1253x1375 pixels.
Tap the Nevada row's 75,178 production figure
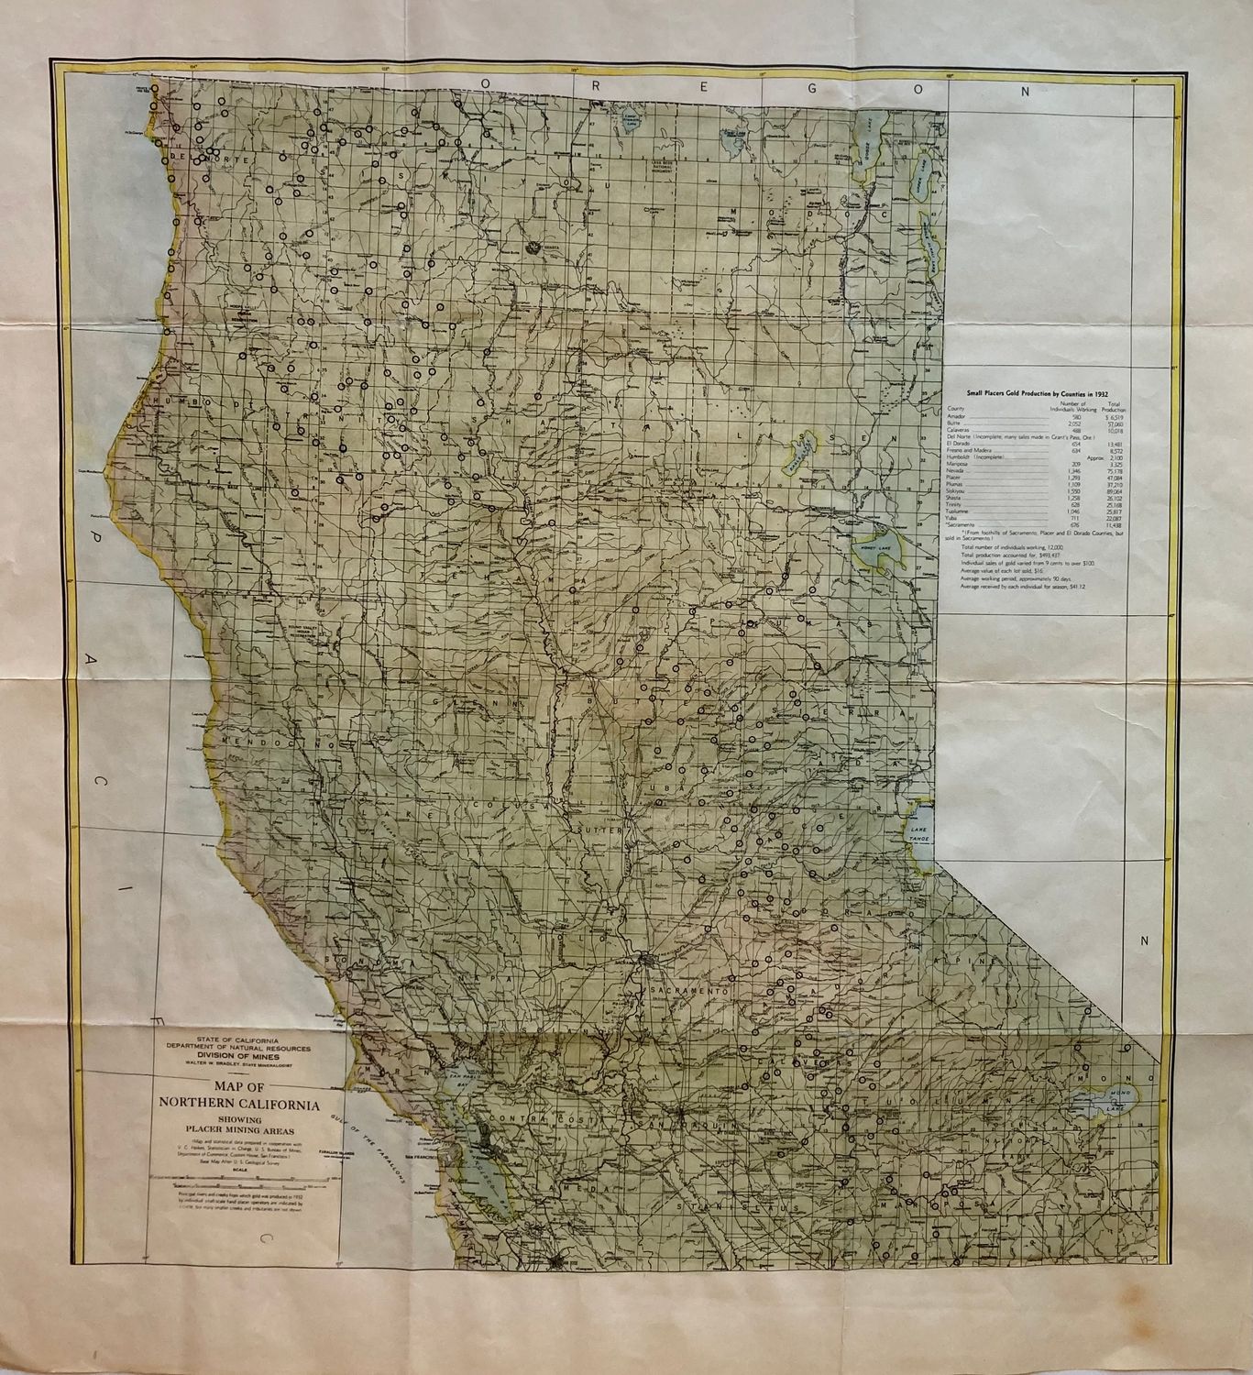1113,471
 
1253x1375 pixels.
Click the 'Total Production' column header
1114,406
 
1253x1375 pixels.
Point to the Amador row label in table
958,418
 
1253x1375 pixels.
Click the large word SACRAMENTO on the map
687,993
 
